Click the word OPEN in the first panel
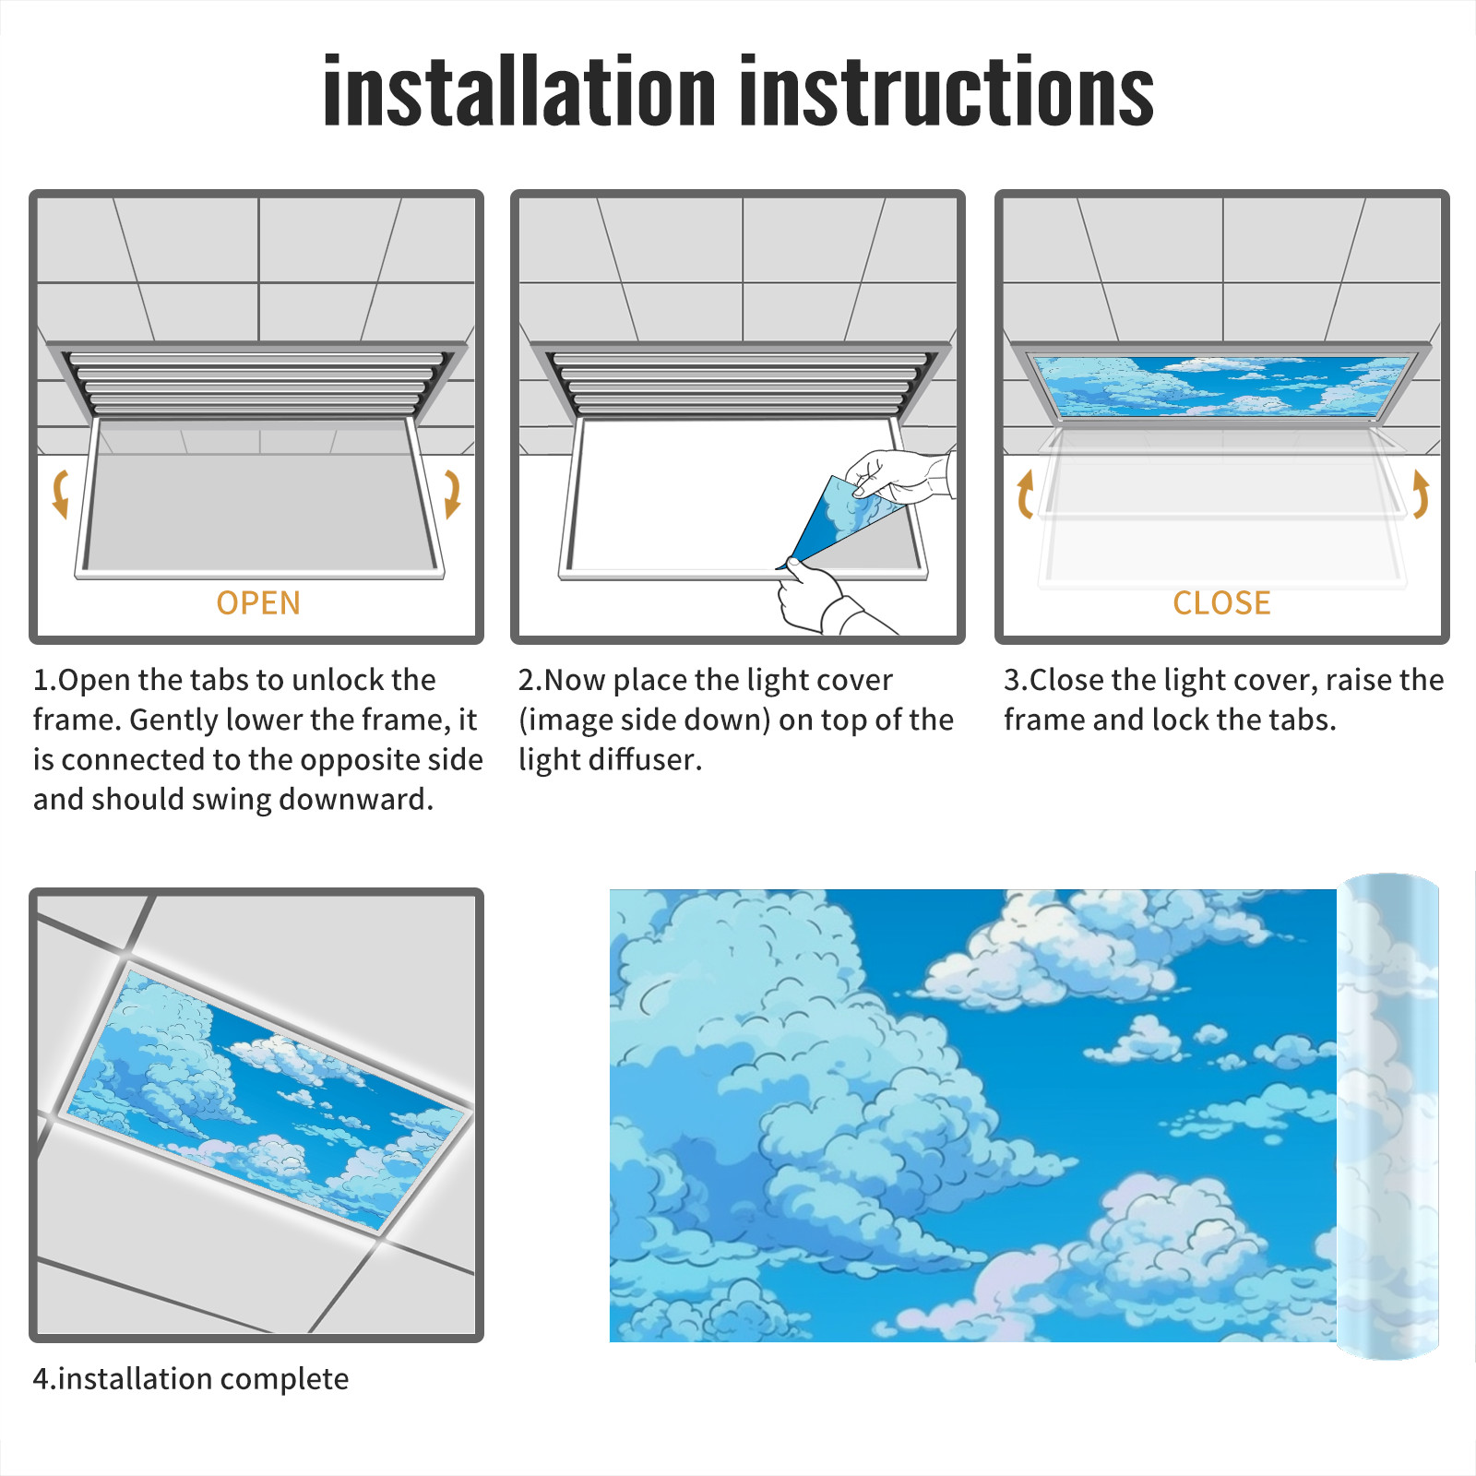click(258, 603)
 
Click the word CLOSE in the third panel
click(1221, 603)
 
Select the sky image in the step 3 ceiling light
click(1221, 386)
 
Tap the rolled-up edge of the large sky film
click(1388, 1116)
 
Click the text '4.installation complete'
click(191, 1379)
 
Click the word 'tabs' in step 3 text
click(1302, 720)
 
